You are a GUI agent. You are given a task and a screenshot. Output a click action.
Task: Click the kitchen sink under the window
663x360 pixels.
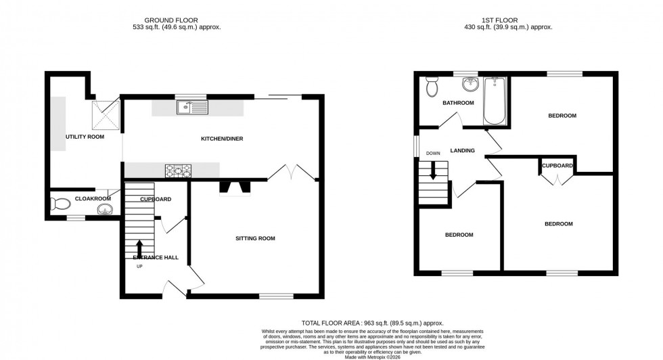193,107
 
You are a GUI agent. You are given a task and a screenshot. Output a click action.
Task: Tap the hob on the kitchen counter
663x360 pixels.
177,171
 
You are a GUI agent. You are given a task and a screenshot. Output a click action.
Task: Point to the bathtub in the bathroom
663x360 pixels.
495,102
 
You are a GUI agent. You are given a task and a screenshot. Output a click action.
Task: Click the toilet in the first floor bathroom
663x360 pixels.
432,87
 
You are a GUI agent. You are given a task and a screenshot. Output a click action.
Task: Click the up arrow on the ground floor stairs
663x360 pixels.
139,248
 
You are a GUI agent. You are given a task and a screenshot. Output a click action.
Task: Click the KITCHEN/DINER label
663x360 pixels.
222,139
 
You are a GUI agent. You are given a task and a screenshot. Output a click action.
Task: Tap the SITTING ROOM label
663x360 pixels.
255,238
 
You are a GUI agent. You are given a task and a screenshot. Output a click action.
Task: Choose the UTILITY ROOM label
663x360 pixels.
85,137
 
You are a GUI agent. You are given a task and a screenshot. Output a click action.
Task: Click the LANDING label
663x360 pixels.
463,150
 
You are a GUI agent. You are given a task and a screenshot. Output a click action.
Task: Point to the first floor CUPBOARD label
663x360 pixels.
557,166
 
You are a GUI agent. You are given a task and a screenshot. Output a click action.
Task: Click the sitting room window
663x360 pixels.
276,296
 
